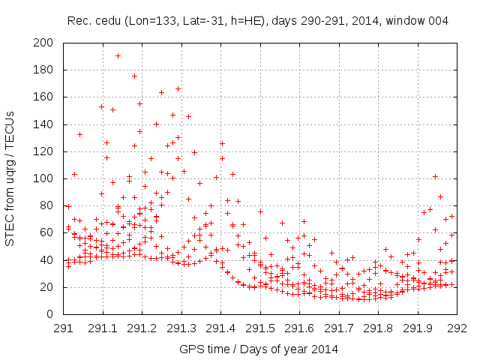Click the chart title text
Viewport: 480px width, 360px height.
point(257,21)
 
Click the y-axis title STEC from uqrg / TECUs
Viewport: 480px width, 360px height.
point(10,178)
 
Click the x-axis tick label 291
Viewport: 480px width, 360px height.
point(63,328)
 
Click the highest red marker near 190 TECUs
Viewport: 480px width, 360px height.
point(118,55)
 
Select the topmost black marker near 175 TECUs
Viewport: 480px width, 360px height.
point(135,76)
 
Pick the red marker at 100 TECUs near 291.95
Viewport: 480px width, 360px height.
point(435,177)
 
